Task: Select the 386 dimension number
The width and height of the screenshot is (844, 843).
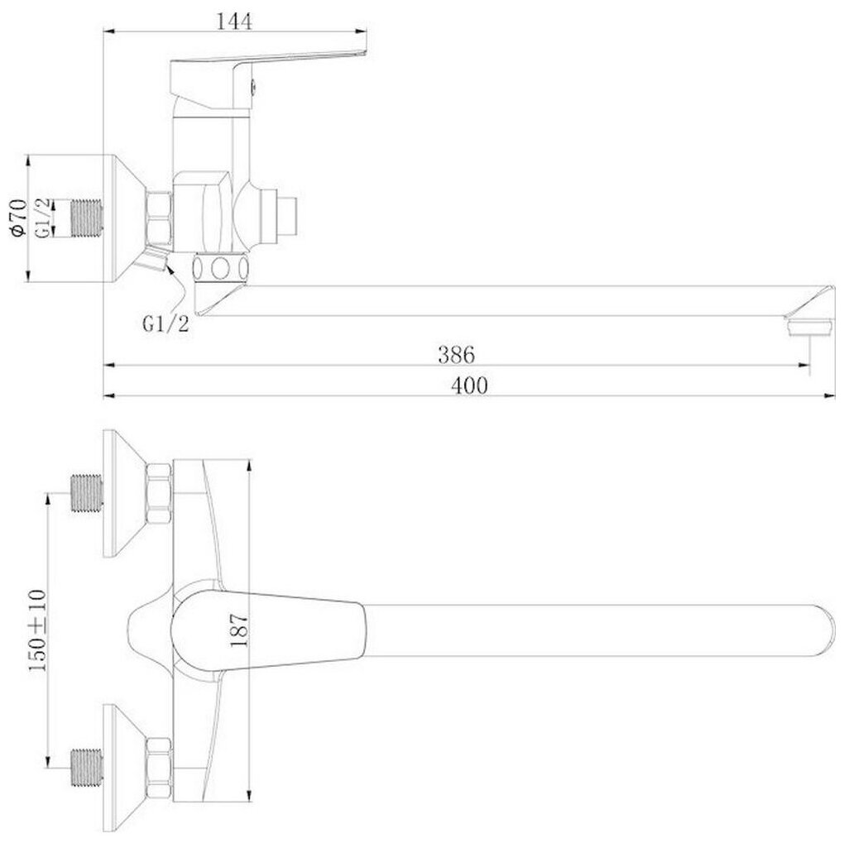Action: coord(456,354)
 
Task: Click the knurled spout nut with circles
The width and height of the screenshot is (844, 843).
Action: coord(220,267)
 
